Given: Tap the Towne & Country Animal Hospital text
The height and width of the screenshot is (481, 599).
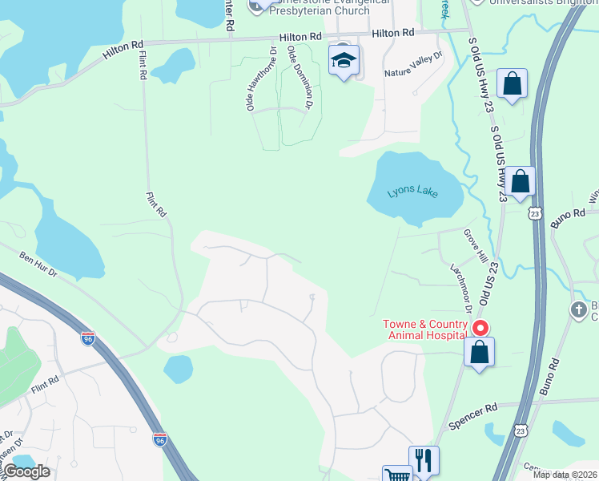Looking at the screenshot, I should coord(424,329).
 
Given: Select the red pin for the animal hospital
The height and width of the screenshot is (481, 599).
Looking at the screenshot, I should coord(480,327).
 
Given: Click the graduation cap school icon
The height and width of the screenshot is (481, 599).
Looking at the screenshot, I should coord(344,60).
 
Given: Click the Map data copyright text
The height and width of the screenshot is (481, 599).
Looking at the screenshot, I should coord(565,475).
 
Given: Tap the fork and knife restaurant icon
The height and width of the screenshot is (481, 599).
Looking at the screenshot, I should coord(424,460).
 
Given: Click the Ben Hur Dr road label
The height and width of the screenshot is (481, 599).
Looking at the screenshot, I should coord(38,266).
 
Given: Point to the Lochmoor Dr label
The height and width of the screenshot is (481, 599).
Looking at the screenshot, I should coord(460,289).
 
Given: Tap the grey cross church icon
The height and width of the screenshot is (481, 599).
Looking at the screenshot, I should coord(578,309).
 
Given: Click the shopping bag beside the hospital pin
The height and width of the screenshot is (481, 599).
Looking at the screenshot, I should coord(479,352).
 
